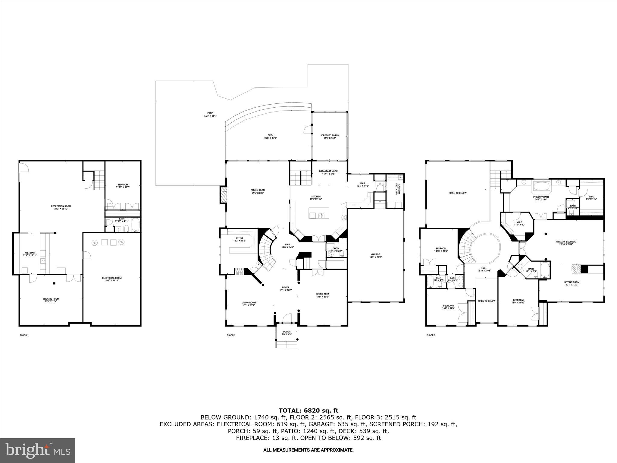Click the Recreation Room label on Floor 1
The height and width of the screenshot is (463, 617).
(x=61, y=206)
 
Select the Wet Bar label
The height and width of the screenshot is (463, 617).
(x=30, y=253)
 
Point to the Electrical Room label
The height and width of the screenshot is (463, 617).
(x=112, y=278)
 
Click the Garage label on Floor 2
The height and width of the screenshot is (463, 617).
(x=375, y=254)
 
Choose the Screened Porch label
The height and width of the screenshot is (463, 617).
(x=330, y=136)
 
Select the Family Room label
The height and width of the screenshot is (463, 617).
(x=258, y=190)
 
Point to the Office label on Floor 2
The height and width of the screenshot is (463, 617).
(x=239, y=238)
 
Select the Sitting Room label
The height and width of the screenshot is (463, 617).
(x=572, y=282)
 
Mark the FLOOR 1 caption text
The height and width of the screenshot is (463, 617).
(x=24, y=335)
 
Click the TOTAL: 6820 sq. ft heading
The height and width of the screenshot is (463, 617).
(x=308, y=411)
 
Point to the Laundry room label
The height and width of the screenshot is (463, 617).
(x=399, y=189)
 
